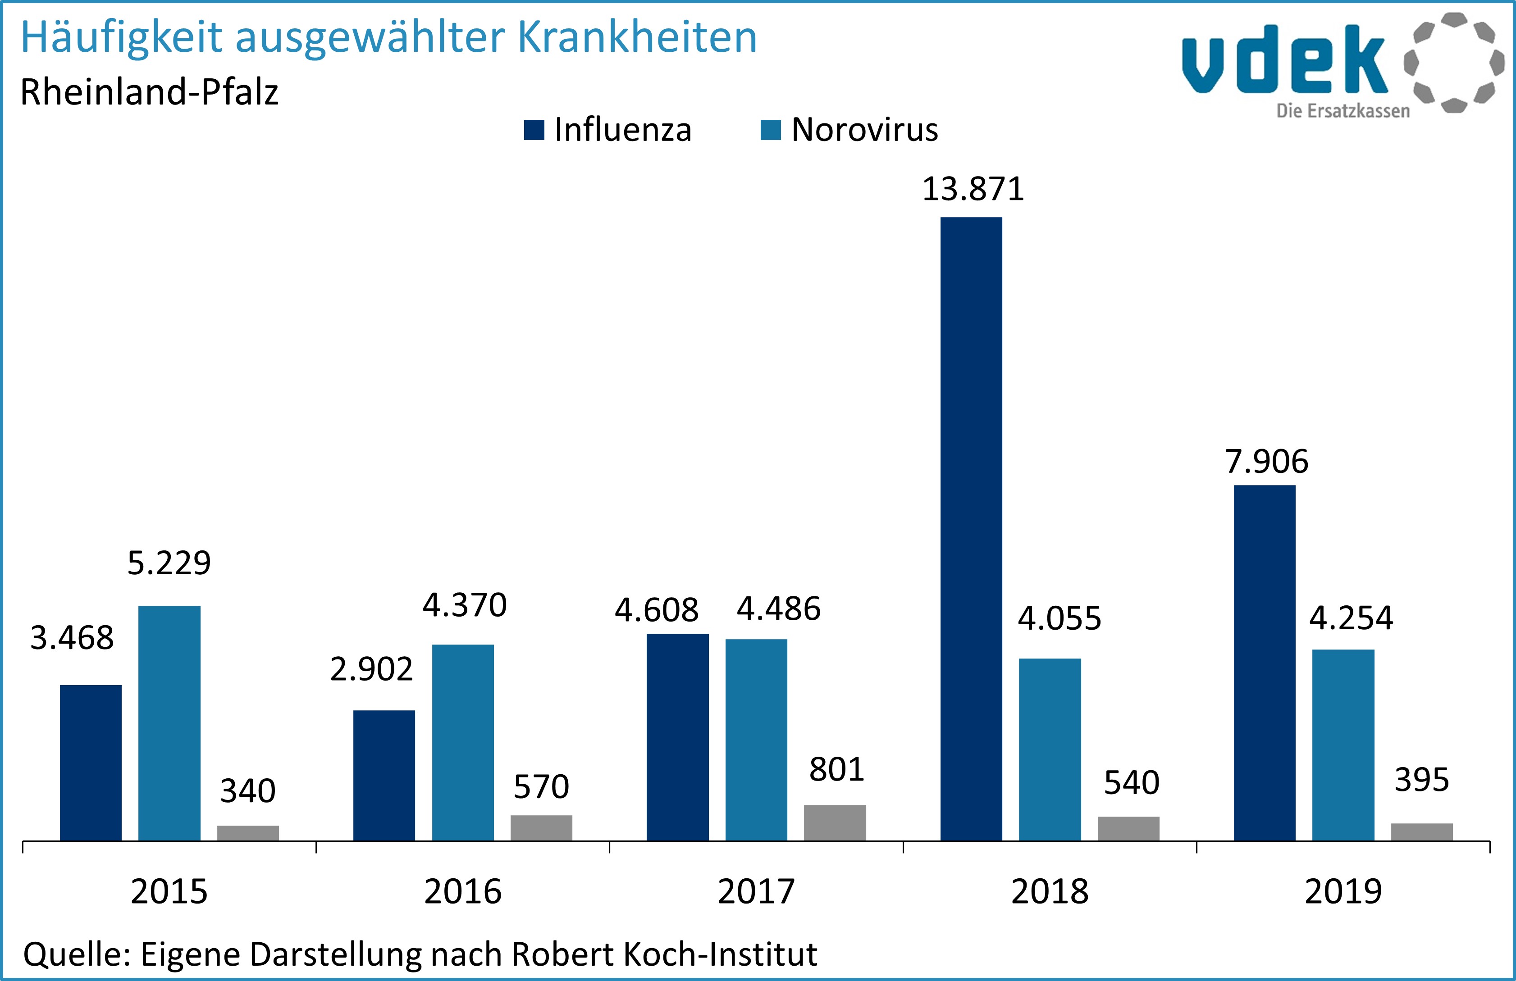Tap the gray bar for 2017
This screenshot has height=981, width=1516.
835,822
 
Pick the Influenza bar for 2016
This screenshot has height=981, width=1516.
384,775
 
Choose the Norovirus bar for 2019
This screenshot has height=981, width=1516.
1343,745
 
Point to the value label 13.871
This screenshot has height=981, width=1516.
973,189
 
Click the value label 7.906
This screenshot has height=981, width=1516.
1266,462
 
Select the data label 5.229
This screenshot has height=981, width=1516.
169,563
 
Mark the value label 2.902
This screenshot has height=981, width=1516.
371,669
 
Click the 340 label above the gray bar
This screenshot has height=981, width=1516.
248,790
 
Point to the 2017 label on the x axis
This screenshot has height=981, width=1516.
756,891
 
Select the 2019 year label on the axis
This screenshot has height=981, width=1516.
1343,891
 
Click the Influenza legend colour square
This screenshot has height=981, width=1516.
534,130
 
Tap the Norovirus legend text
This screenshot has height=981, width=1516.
864,130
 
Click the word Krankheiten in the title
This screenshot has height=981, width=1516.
637,37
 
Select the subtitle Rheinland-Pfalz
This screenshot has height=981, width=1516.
150,92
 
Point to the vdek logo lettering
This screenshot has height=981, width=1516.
1283,60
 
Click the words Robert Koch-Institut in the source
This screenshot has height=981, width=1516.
664,954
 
